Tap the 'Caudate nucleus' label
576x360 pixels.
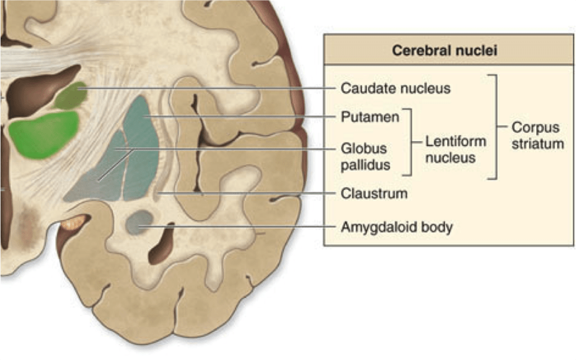click(x=395, y=88)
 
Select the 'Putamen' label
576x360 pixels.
click(x=370, y=117)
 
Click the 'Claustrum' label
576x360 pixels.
click(x=374, y=193)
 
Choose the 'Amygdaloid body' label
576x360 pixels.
click(x=397, y=228)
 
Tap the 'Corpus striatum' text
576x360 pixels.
click(x=537, y=136)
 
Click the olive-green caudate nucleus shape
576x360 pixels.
click(x=70, y=96)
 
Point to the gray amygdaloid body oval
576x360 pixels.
click(x=139, y=223)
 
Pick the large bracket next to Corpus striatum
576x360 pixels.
click(x=495, y=127)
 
